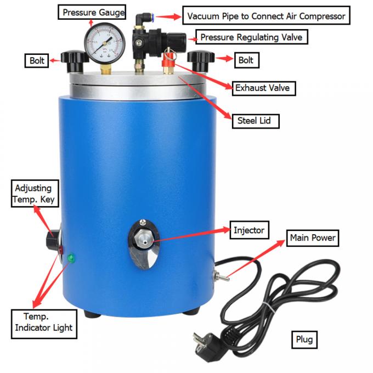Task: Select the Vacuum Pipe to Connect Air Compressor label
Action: (x=265, y=16)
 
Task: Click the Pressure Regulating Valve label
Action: (x=251, y=37)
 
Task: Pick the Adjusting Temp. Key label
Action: (x=34, y=194)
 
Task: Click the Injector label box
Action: (x=248, y=230)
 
